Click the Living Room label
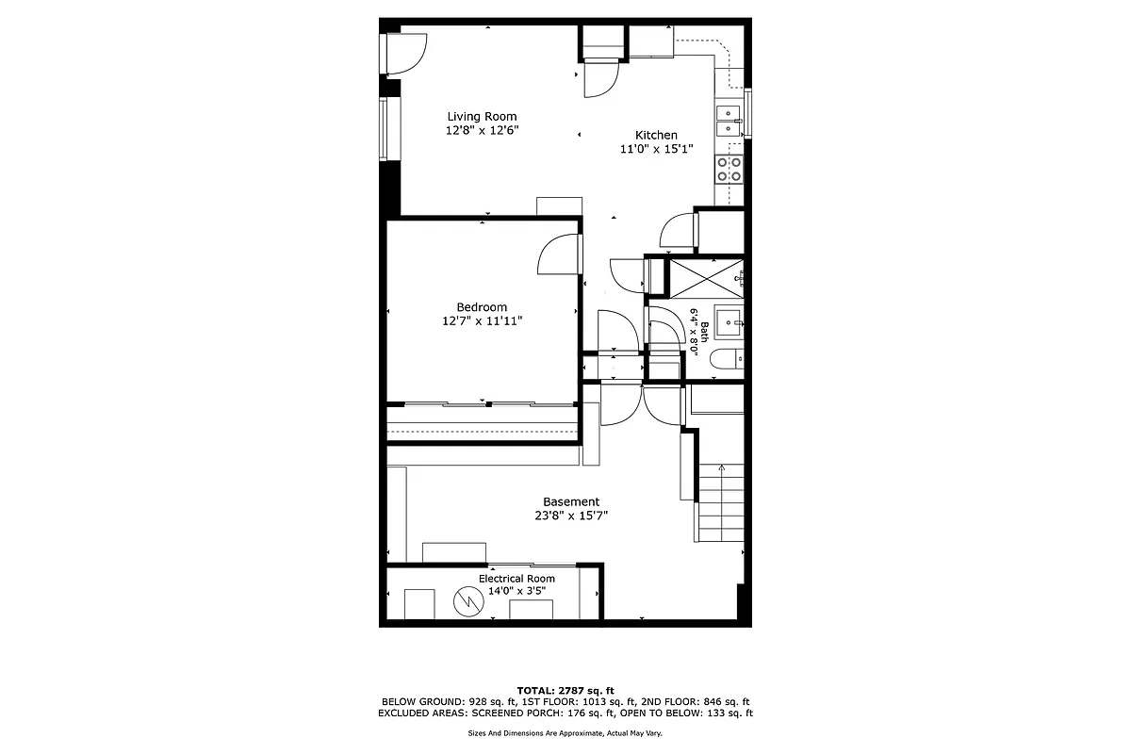point(482,117)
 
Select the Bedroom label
point(482,307)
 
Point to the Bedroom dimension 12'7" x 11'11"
point(482,321)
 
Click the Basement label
point(570,502)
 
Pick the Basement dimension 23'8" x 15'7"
point(570,516)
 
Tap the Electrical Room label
point(516,579)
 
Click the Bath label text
point(704,332)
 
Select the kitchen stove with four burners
point(729,169)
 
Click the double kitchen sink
point(729,121)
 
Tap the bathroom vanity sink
point(729,323)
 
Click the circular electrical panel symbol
point(467,600)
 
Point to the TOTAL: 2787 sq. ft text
point(565,690)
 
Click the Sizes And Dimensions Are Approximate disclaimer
point(565,732)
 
